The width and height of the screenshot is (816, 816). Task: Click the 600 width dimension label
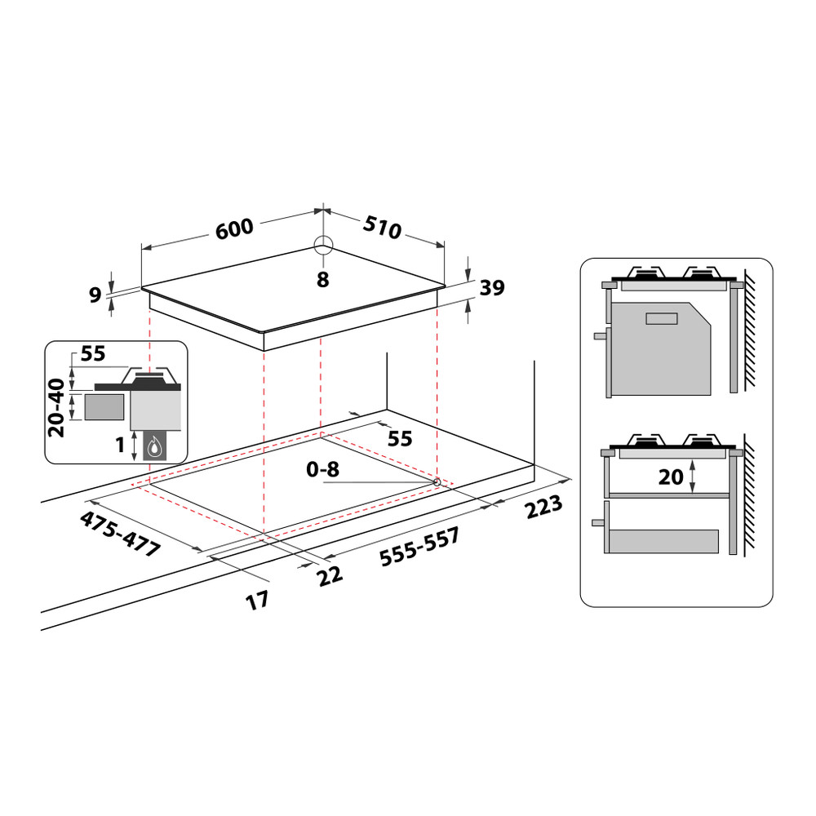235,230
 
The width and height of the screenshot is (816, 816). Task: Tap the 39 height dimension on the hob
492,287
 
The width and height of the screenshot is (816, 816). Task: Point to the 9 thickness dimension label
95,294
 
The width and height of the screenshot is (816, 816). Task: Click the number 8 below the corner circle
322,280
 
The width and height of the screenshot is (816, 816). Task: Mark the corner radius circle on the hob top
323,246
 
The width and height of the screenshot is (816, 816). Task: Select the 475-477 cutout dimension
119,534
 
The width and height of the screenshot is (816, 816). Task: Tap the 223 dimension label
543,508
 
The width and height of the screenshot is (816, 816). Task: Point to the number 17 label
257,601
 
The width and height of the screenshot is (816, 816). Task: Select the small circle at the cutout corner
437,482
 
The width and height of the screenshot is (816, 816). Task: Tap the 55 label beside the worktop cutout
399,438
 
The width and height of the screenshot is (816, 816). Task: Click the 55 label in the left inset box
94,354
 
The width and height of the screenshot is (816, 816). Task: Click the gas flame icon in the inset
154,446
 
